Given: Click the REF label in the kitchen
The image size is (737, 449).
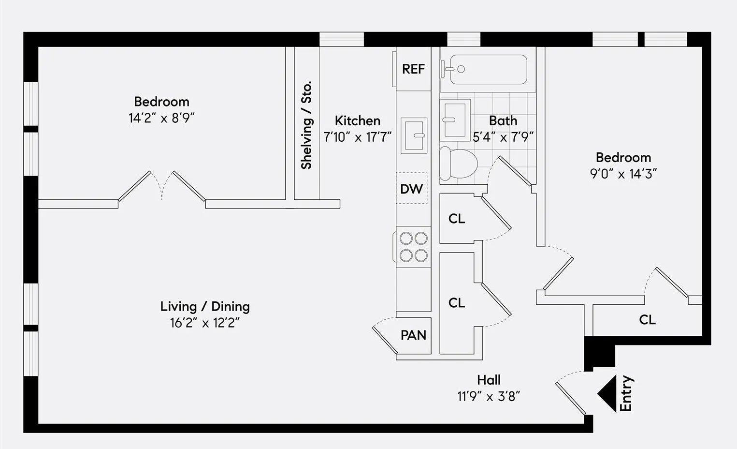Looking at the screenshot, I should [x=413, y=69].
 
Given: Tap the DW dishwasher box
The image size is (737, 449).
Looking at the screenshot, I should [x=412, y=189].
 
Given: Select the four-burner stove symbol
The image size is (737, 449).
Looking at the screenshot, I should [x=413, y=247].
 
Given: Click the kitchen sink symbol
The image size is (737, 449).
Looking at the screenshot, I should [x=414, y=135].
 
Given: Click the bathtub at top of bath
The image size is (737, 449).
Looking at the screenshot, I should [x=488, y=69].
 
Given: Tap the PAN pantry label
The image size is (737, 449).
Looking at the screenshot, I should [x=413, y=335].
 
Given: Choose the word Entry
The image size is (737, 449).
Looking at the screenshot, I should [x=626, y=393].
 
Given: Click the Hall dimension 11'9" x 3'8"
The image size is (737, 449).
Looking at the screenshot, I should [x=489, y=397].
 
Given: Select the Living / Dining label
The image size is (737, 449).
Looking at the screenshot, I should [x=205, y=306].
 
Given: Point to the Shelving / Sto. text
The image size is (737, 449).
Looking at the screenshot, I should [x=306, y=125].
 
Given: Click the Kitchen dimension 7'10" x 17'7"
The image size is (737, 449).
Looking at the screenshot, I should [x=357, y=137].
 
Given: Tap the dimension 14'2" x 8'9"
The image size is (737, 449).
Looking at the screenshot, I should [x=161, y=118].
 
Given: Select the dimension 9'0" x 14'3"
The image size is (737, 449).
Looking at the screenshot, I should [x=623, y=174].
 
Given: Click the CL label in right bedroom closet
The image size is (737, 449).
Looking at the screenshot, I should [x=647, y=320].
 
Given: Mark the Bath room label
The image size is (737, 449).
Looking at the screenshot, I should [x=503, y=120].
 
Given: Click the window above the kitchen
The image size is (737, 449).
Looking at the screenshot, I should [x=341, y=39].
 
